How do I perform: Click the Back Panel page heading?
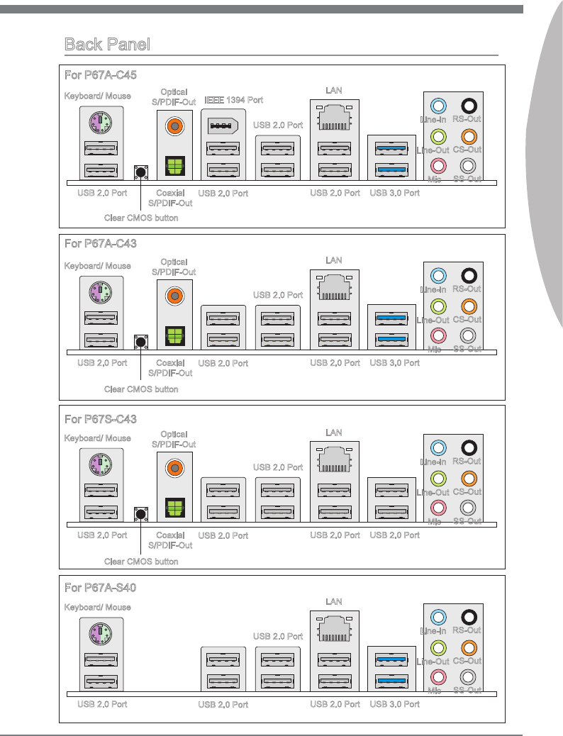pyautogui.click(x=107, y=45)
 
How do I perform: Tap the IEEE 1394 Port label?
pyautogui.click(x=233, y=100)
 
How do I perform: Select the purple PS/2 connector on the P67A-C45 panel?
pyautogui.click(x=101, y=122)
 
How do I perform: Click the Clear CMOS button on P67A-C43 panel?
pyautogui.click(x=140, y=342)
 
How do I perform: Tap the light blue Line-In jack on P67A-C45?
pyautogui.click(x=438, y=106)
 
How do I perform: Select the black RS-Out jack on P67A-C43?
pyautogui.click(x=467, y=275)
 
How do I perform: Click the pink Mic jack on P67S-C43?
pyautogui.click(x=438, y=507)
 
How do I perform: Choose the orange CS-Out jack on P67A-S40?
pyautogui.click(x=467, y=647)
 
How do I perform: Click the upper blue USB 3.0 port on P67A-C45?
pyautogui.click(x=391, y=149)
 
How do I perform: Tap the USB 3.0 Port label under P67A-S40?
pyautogui.click(x=395, y=704)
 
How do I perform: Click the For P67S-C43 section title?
pyautogui.click(x=101, y=419)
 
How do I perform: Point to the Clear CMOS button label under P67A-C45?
pyautogui.click(x=141, y=218)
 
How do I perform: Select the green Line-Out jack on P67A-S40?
pyautogui.click(x=438, y=647)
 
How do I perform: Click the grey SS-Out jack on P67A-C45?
pyautogui.click(x=467, y=165)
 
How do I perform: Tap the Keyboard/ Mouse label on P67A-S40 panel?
pyautogui.click(x=97, y=607)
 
